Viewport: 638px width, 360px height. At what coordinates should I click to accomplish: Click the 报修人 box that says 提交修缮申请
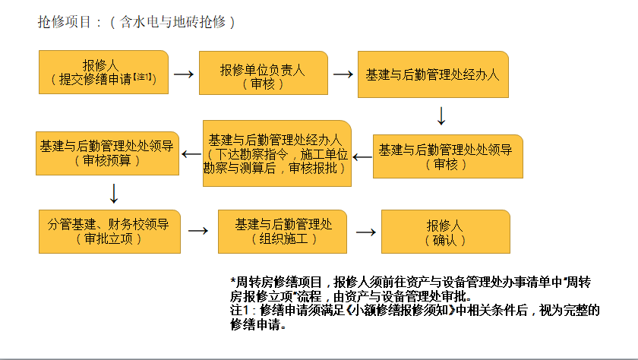click(x=103, y=72)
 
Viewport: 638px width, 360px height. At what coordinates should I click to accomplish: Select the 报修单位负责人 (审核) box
click(x=263, y=74)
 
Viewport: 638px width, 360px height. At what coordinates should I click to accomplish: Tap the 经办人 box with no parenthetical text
click(x=432, y=75)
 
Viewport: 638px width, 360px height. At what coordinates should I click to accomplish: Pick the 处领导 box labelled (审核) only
click(x=447, y=156)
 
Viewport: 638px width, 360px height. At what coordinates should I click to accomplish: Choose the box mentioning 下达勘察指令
click(x=276, y=153)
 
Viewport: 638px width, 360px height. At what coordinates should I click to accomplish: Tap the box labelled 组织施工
click(x=283, y=231)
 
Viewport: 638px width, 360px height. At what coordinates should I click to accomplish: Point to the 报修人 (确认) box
click(x=445, y=232)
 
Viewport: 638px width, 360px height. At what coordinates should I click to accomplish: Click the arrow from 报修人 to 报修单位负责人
click(x=184, y=74)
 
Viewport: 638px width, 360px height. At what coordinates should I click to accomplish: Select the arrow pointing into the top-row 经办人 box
click(x=343, y=74)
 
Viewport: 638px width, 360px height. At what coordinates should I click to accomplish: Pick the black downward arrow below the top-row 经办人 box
click(x=441, y=116)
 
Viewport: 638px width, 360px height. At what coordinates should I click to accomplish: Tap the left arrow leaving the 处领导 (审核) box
click(x=362, y=156)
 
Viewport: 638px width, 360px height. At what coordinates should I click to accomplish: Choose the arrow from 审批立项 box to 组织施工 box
click(x=197, y=231)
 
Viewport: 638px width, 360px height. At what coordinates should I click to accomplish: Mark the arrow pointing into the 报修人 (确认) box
click(x=366, y=232)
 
